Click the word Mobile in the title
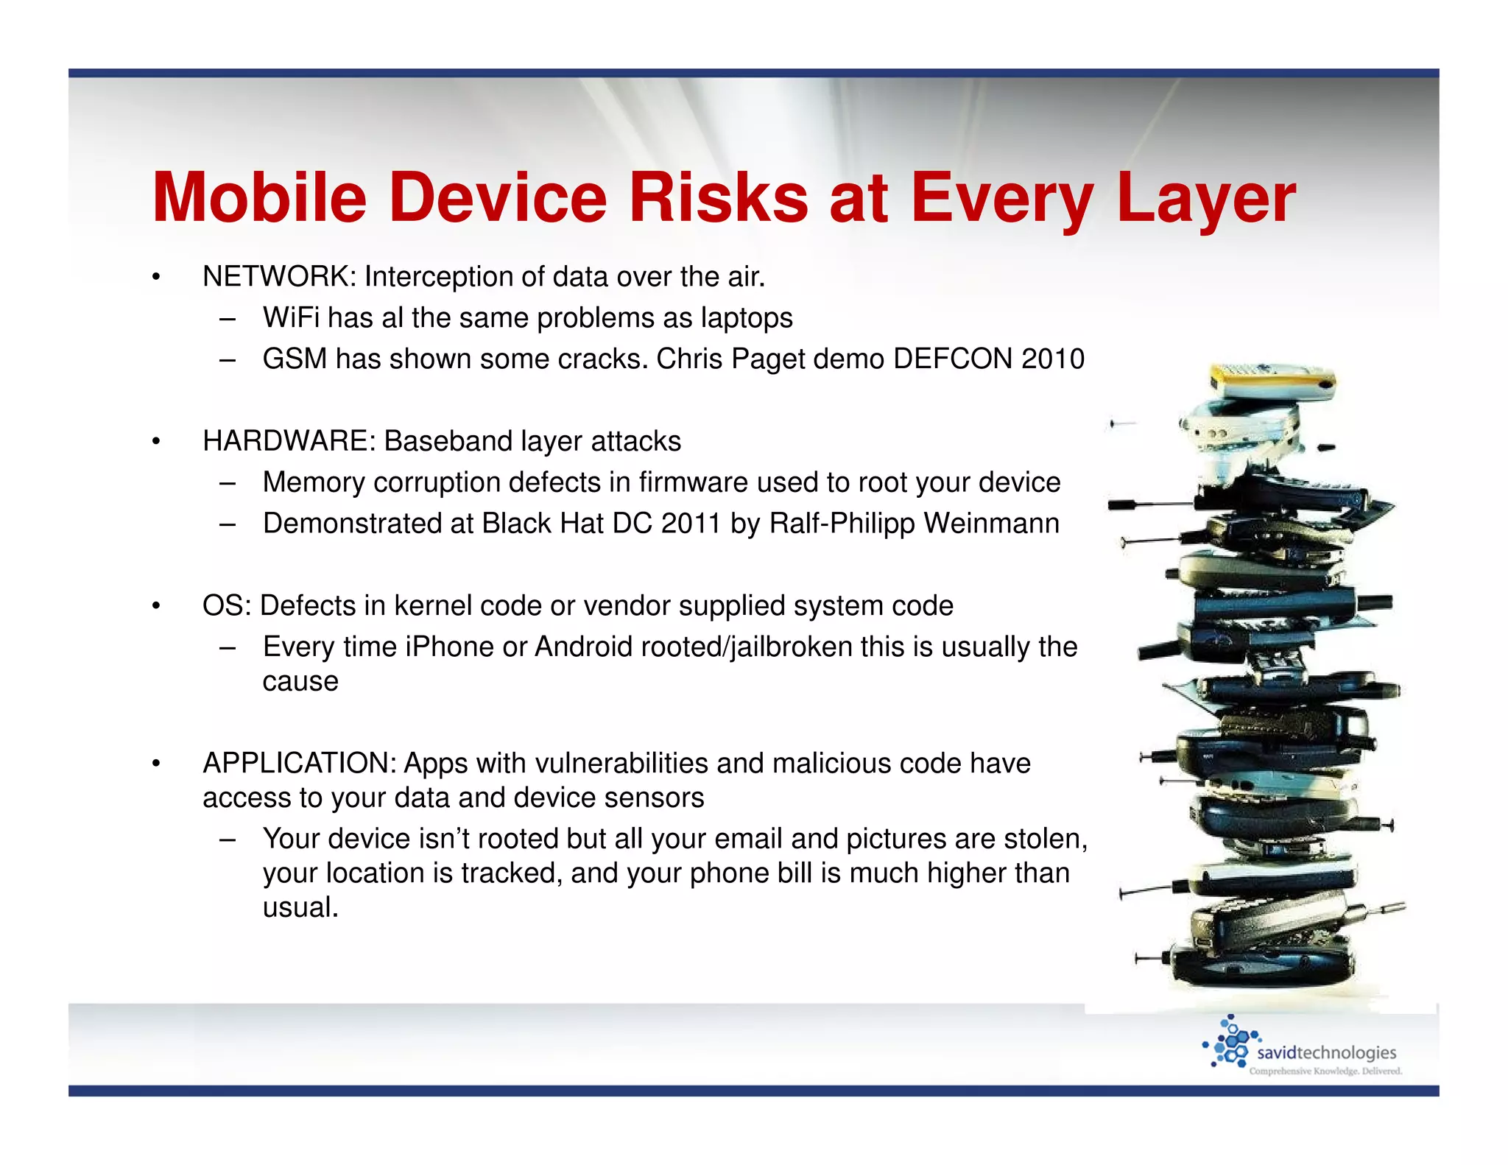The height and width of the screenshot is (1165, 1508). tap(259, 197)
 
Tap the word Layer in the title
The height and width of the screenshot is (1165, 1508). tap(1206, 197)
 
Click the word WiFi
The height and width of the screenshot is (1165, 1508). tap(291, 318)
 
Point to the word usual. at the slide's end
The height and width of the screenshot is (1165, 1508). tap(300, 907)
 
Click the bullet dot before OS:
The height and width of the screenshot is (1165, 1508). tap(156, 606)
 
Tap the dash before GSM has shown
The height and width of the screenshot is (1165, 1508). tap(228, 360)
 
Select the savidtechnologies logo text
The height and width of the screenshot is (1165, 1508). tap(1325, 1052)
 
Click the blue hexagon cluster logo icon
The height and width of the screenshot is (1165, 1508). tap(1230, 1041)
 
